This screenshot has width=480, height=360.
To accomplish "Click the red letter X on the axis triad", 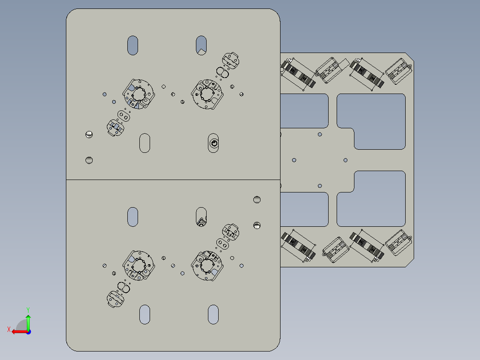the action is point(9,329).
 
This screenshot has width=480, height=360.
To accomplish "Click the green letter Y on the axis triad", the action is point(28,310).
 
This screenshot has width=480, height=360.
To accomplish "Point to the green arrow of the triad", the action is point(28,322).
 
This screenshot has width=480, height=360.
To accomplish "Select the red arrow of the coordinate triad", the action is point(20,332).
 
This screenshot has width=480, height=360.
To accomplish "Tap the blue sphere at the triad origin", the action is point(28,332).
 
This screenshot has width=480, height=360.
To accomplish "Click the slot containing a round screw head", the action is point(213,143).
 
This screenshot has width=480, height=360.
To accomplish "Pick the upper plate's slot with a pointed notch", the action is point(201,45).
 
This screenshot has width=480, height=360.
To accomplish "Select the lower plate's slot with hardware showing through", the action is point(201,217).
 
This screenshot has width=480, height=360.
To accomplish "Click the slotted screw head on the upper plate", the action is point(89,134).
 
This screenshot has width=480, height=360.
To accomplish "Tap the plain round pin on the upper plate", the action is point(89,160).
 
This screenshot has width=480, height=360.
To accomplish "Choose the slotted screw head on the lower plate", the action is point(257,225).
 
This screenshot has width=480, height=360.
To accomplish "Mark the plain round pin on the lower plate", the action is point(257,200).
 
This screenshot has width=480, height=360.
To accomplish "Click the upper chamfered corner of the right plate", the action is point(410,57).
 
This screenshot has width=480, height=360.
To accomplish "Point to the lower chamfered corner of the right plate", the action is point(410,262).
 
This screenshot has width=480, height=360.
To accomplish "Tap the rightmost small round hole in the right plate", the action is point(346,160).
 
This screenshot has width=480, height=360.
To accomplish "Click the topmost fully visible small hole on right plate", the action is point(320,134).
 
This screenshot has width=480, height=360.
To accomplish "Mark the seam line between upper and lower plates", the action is point(173,180).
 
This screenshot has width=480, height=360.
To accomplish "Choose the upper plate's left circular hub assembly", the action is point(138,94).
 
